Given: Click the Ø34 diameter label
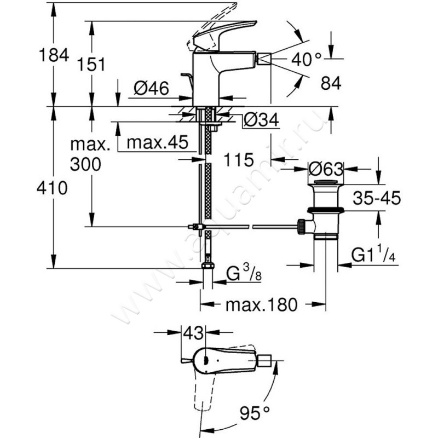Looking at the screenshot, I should pyautogui.click(x=261, y=119).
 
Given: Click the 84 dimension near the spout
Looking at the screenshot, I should pyautogui.click(x=330, y=83).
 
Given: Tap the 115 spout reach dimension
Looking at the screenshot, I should pyautogui.click(x=239, y=160).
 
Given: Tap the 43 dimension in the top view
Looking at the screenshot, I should pyautogui.click(x=193, y=332).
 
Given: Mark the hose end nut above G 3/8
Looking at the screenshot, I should pyautogui.click(x=207, y=267).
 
